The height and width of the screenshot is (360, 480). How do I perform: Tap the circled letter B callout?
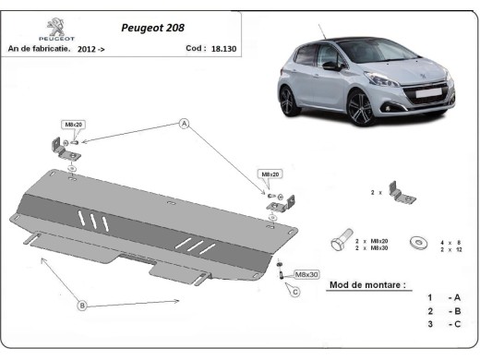(x=82, y=305)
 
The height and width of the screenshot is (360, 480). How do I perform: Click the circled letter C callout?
(x=295, y=293)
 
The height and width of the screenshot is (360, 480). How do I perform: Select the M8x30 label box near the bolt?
(x=306, y=275)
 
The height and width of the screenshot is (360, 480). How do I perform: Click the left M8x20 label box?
(x=72, y=124)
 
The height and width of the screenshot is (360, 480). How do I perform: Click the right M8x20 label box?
(x=270, y=174)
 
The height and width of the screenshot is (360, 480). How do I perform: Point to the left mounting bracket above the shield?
(x=65, y=150)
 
